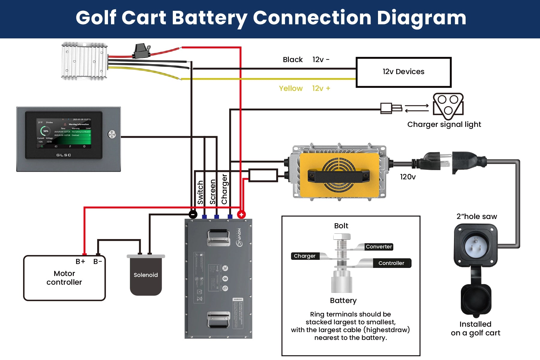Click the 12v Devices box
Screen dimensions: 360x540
pyautogui.click(x=403, y=72)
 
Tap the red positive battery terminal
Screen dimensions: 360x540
pyautogui.click(x=241, y=214)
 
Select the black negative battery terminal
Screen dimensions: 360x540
pyautogui.click(x=193, y=214)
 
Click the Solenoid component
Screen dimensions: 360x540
pyautogui.click(x=146, y=275)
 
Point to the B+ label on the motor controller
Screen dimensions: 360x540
pyautogui.click(x=80, y=262)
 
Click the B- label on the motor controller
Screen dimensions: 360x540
pyautogui.click(x=97, y=262)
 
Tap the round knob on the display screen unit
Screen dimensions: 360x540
pyautogui.click(x=112, y=134)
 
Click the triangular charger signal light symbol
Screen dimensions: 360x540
pyautogui.click(x=448, y=105)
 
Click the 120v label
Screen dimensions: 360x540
pyautogui.click(x=408, y=177)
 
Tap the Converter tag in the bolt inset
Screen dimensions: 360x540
pyautogui.click(x=379, y=247)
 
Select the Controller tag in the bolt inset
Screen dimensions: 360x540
pyautogui.click(x=391, y=263)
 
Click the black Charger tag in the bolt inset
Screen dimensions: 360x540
pyautogui.click(x=304, y=256)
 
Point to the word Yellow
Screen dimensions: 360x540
pyautogui.click(x=291, y=88)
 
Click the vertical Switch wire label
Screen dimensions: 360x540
pyautogui.click(x=200, y=192)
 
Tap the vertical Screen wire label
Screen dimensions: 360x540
pyautogui.click(x=213, y=192)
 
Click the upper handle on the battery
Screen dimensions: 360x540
pyautogui.click(x=218, y=237)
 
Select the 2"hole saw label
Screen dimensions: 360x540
pyautogui.click(x=477, y=217)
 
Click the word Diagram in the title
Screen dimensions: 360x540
pyautogui.click(x=421, y=18)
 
